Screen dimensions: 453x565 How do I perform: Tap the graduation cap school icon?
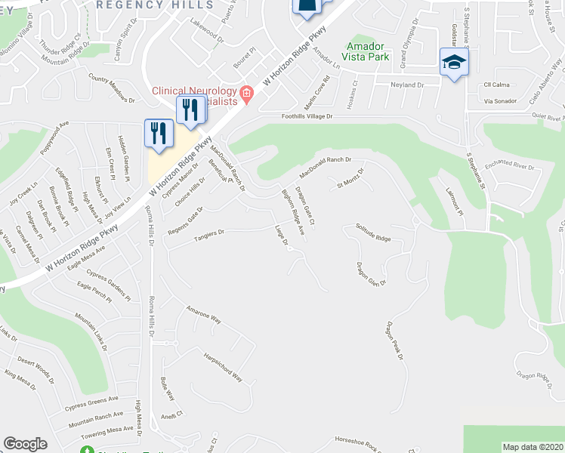[454, 62]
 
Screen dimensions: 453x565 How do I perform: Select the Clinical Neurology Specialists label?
[200, 95]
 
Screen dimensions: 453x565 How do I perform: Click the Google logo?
[25, 444]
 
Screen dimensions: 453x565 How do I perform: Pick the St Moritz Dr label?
[350, 177]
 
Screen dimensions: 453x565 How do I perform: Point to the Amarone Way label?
[203, 315]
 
